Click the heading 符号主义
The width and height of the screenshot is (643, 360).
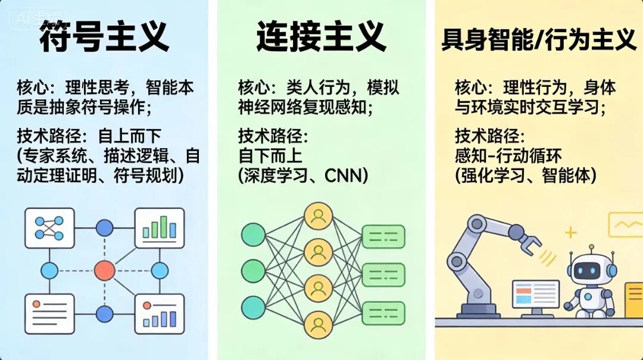click(x=104, y=37)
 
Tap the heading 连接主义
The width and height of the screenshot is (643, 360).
click(x=321, y=37)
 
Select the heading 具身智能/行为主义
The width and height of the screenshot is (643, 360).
click(x=539, y=39)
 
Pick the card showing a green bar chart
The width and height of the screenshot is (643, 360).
click(x=160, y=228)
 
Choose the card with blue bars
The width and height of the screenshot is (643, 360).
click(x=160, y=314)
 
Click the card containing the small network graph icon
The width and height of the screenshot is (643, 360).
click(x=49, y=228)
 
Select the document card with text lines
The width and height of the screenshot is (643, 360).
click(x=49, y=314)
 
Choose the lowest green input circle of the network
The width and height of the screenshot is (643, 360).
click(x=253, y=307)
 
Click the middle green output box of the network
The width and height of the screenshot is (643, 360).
click(x=383, y=274)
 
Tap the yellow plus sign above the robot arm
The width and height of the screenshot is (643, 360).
click(x=571, y=232)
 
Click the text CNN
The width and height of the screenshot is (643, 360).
click(x=346, y=176)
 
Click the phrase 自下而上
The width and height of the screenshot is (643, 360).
click(x=270, y=156)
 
